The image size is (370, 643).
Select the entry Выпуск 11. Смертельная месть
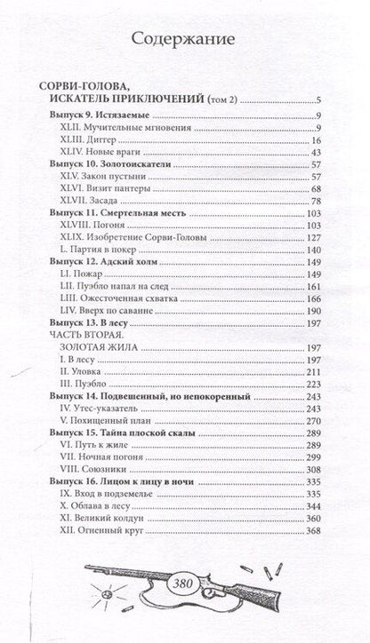point(117,214)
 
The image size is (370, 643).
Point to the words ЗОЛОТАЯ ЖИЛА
point(94,348)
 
